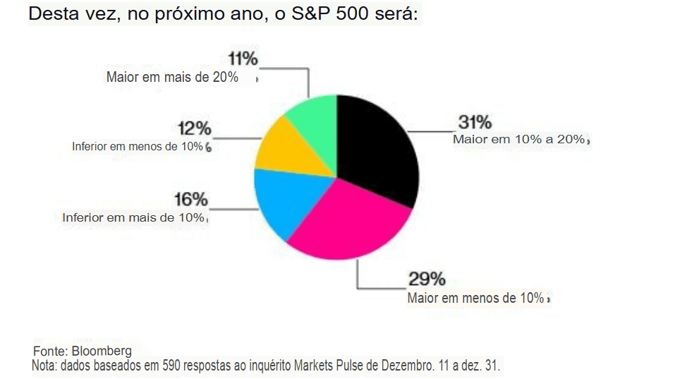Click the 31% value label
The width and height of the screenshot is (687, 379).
pos(475,121)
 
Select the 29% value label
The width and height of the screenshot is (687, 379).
pos(427,279)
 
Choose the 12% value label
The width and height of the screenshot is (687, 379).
pos(194,128)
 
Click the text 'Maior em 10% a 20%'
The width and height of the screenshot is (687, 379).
pos(519,140)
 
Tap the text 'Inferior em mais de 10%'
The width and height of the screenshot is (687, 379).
pos(133,217)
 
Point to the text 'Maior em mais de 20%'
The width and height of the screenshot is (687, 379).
pos(172,77)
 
